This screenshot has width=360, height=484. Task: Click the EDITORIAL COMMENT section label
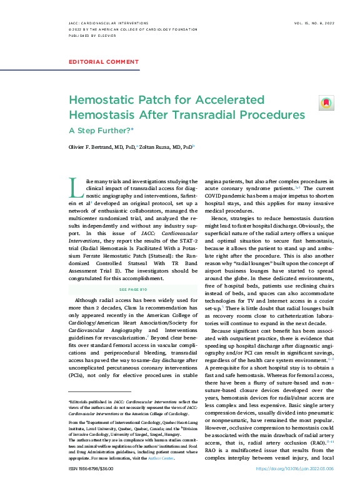click(103, 62)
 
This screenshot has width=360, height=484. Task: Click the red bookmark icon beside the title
click(326, 103)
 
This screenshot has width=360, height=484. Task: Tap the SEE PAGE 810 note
click(131, 290)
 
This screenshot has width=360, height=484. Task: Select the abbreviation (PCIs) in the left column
click(78, 375)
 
